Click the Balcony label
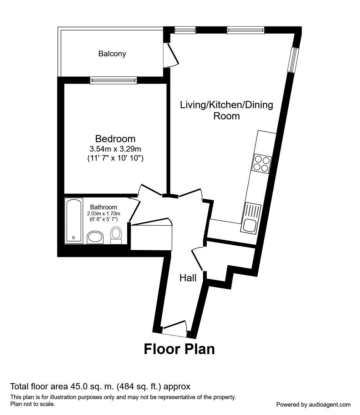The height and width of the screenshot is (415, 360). [112, 54]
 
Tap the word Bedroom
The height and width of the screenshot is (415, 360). [115, 138]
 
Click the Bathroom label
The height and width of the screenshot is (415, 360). [104, 207]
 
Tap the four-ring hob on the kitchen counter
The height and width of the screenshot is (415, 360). [261, 163]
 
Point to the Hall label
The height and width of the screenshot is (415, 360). [188, 278]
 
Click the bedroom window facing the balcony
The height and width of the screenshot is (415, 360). [113, 80]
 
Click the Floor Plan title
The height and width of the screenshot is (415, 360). [179, 349]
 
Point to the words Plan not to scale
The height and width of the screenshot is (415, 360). [33, 404]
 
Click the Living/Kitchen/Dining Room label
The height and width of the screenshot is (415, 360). [226, 110]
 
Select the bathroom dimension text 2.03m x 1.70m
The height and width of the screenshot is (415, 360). [104, 214]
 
